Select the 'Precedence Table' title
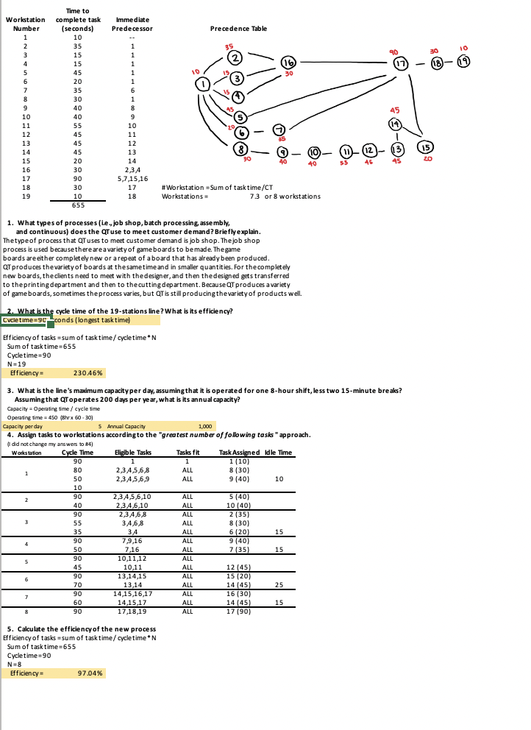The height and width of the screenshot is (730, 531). coord(238,29)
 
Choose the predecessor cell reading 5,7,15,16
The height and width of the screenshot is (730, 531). coord(132,177)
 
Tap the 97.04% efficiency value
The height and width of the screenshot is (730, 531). coord(90,673)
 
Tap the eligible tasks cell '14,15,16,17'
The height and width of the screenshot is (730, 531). coord(132,573)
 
